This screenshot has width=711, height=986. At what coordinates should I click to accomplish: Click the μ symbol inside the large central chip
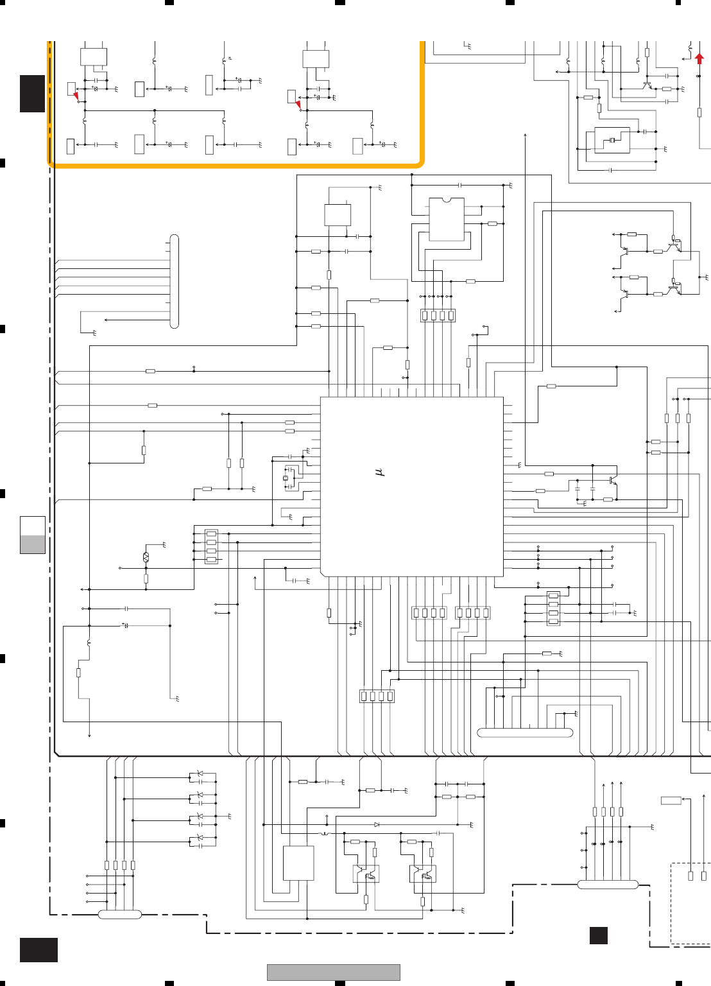tap(379, 472)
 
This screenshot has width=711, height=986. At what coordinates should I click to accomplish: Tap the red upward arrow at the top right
tap(699, 58)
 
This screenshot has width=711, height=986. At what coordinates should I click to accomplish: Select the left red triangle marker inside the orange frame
tap(76, 96)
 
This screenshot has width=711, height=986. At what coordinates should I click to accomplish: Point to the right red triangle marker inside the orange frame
tap(298, 104)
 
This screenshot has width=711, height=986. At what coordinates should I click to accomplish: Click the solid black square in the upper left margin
tap(32, 94)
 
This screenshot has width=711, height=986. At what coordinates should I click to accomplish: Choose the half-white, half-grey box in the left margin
tap(33, 535)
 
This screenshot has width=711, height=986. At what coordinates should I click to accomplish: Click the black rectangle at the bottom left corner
tap(39, 949)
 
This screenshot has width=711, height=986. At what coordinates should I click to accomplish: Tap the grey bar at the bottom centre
tap(333, 972)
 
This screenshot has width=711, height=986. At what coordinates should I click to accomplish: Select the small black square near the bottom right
tap(598, 935)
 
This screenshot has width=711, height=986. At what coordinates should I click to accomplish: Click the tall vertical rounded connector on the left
tap(174, 282)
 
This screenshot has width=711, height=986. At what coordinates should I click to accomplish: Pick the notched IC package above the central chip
tap(447, 220)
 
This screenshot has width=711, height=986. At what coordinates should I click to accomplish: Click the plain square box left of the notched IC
tap(338, 215)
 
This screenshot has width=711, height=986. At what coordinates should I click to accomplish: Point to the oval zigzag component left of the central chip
tap(146, 557)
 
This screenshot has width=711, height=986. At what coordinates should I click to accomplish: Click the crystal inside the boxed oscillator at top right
tap(612, 140)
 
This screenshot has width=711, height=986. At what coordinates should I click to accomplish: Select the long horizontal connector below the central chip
tap(525, 732)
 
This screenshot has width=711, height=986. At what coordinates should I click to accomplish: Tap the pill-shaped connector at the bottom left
tap(120, 914)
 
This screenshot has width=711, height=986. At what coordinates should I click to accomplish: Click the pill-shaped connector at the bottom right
tap(608, 885)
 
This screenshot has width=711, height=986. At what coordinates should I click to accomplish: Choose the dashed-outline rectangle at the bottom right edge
tap(690, 903)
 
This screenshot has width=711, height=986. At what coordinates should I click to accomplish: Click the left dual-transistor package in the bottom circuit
tap(366, 874)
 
